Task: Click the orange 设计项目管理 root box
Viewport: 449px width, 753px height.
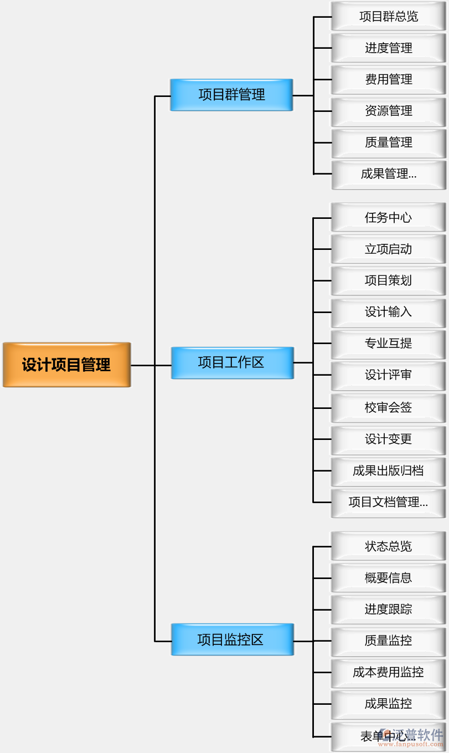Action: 66,365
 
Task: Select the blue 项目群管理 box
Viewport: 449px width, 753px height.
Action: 231,95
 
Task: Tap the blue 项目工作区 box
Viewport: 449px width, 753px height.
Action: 232,363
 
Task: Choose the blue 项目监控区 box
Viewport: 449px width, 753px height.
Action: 232,639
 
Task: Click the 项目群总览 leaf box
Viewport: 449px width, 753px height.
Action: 388,17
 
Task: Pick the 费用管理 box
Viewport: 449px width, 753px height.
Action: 388,80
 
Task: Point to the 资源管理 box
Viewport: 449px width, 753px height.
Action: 388,111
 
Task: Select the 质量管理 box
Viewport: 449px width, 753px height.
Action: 388,143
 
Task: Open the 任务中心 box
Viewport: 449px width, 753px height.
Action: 388,218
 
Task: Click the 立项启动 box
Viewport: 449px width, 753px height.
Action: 388,249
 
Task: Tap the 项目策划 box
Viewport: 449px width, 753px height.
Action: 388,281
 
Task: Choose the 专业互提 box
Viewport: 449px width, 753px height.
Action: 388,344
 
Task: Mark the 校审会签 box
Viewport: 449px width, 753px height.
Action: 388,408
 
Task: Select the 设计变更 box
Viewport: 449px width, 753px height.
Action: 388,439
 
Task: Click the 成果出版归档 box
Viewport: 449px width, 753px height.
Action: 388,471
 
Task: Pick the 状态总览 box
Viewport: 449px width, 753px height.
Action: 388,546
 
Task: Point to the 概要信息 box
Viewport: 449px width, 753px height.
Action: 388,578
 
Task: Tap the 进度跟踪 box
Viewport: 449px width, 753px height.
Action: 388,609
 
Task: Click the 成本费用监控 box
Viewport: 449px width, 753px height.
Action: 388,673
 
